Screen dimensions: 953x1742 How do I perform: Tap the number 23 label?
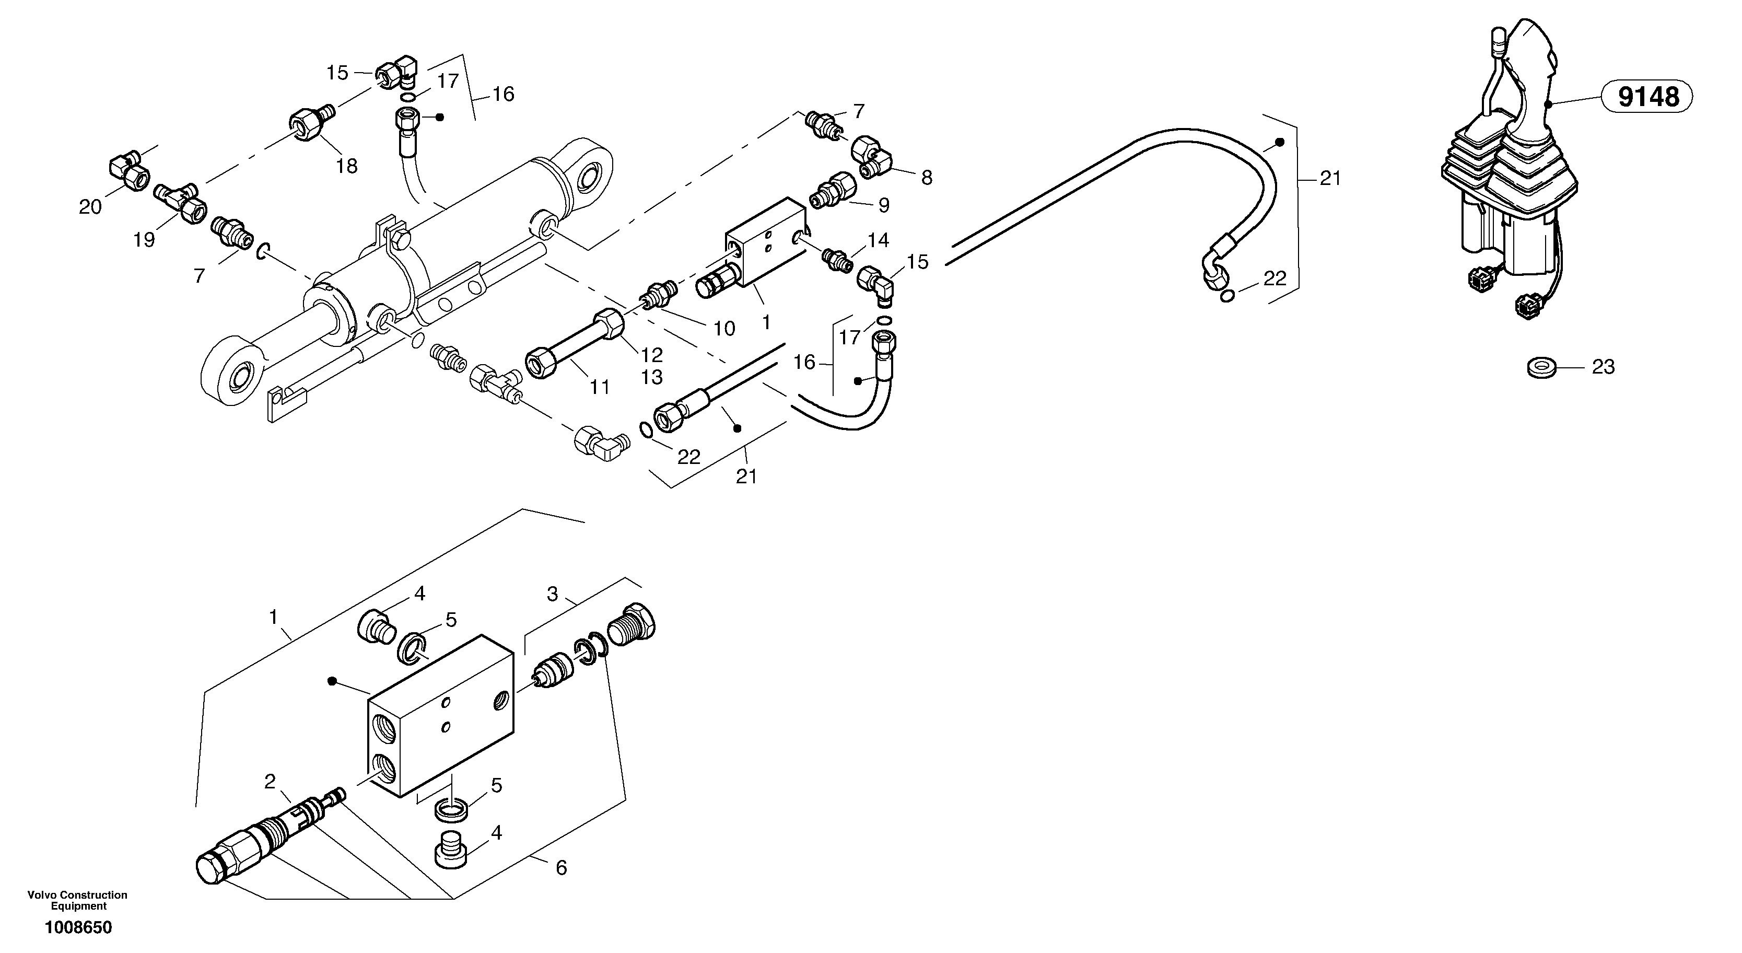1603,367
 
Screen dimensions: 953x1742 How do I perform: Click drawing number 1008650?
78,927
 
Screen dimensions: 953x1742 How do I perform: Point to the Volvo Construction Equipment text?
77,900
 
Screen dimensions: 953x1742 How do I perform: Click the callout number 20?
90,207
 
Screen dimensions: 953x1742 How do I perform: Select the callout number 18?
346,166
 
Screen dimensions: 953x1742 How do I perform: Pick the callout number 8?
927,178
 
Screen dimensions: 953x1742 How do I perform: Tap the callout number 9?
884,205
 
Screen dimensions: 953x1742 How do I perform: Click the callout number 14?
879,240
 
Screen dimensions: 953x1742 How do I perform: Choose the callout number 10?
724,329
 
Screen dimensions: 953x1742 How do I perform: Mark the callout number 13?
652,377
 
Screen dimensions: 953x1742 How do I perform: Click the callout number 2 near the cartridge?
270,782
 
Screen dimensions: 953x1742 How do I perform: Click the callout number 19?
143,239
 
